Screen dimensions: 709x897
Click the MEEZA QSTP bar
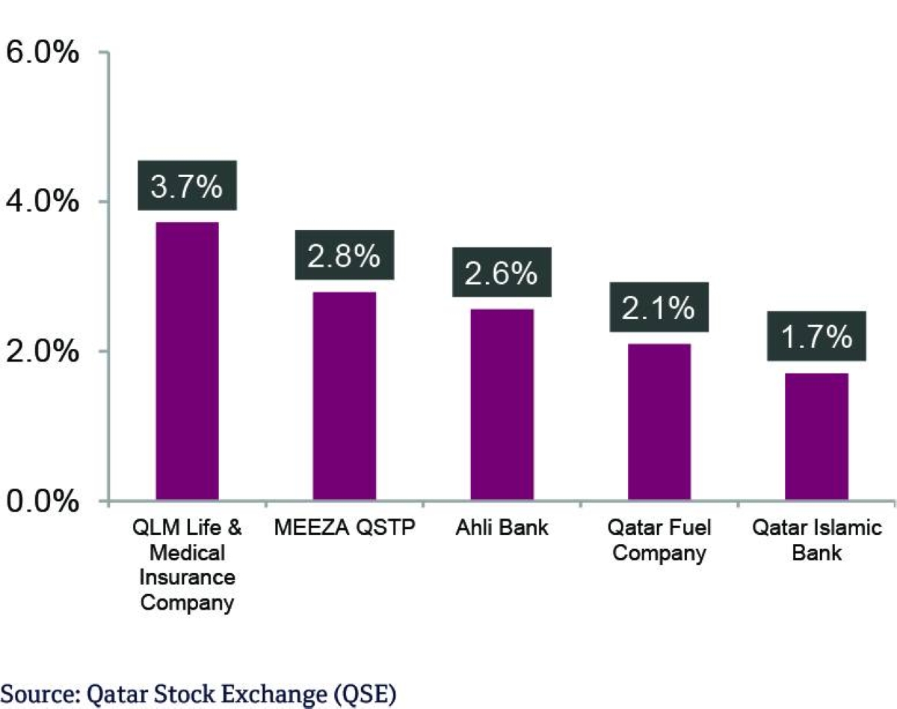point(345,396)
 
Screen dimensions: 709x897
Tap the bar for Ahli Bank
point(502,404)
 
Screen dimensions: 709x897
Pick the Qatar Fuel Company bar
point(659,422)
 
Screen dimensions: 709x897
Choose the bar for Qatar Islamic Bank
point(816,437)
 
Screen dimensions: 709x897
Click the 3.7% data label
point(187,185)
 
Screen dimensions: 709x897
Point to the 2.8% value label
point(345,256)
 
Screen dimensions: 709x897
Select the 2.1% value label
point(659,307)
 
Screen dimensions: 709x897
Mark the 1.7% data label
point(816,338)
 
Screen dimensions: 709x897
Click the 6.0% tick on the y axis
point(43,53)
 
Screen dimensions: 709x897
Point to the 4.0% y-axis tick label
point(43,202)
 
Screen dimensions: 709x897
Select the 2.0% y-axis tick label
point(43,351)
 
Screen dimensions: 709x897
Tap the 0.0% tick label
point(43,501)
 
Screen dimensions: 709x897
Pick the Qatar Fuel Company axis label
point(658,541)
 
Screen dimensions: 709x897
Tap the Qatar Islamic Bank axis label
point(816,541)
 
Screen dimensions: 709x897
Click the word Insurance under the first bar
point(187,578)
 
